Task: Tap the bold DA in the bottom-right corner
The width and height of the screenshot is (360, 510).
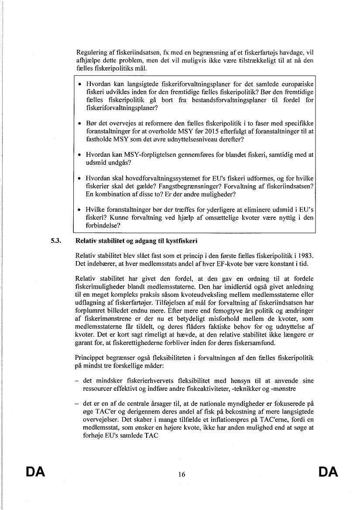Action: tap(328, 472)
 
